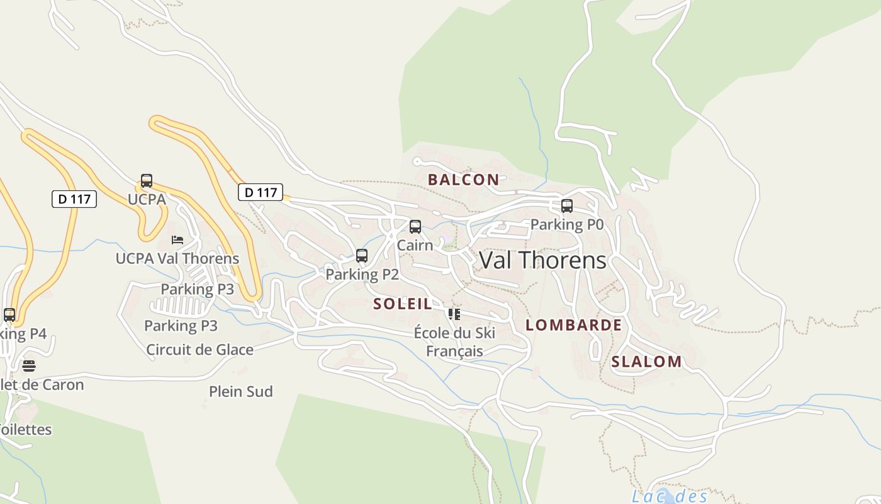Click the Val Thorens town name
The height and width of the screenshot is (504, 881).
point(542,260)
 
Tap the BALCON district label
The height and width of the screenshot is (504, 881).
point(463,180)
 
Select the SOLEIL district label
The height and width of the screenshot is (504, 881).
point(403,304)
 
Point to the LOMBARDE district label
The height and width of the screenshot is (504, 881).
point(573,325)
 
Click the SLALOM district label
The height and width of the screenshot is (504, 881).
point(646,362)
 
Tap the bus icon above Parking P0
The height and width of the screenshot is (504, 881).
point(567,206)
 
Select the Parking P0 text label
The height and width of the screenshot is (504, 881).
point(567,224)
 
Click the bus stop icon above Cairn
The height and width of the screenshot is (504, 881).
point(415,227)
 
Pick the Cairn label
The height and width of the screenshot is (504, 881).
point(415,245)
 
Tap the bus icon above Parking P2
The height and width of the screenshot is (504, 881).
point(362,256)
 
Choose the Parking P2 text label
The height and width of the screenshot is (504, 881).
point(362,274)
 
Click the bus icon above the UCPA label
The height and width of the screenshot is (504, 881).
point(147,181)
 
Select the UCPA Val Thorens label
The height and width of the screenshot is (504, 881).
point(177,258)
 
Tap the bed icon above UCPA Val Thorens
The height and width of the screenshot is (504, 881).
point(177,240)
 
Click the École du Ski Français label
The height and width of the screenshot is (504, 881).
point(454,341)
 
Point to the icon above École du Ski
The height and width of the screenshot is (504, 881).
point(454,314)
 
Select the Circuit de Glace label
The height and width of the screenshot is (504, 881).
point(199,350)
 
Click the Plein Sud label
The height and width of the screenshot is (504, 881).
point(241,391)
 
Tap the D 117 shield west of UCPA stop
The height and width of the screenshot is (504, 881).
point(74,199)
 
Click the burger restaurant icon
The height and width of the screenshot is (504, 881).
point(29,365)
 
